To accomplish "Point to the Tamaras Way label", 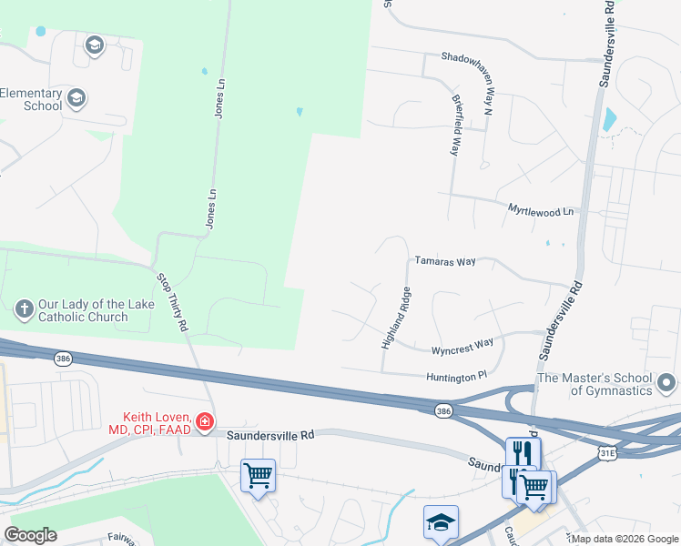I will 445,261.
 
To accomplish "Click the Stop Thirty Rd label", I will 172,300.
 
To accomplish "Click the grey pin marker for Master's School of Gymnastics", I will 666,381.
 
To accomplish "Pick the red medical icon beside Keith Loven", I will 205,422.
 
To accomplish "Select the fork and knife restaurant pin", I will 523,452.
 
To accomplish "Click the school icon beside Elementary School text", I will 77,98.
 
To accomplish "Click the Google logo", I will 31,535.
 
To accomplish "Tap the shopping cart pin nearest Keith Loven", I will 258,475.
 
